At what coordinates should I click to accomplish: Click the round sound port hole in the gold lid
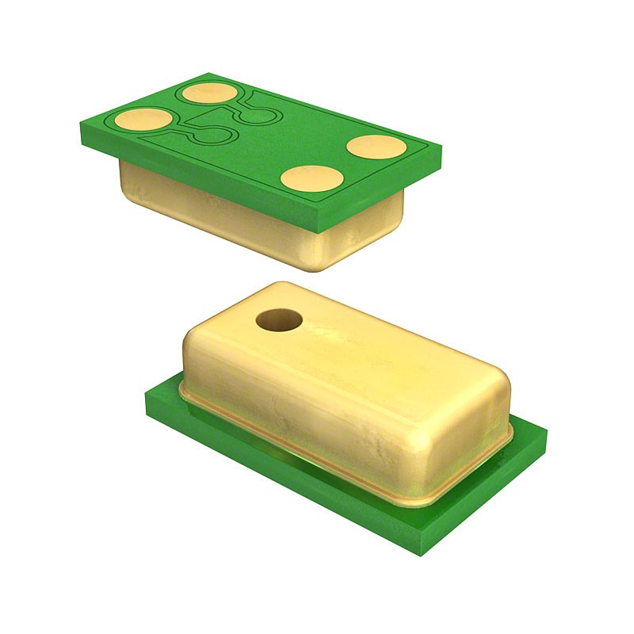point(279,320)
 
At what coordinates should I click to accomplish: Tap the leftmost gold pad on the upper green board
point(143,120)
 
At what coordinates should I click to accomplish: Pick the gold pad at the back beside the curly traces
point(209,94)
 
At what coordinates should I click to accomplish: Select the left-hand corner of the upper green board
point(81,127)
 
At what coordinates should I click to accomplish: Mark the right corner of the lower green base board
point(546,432)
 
